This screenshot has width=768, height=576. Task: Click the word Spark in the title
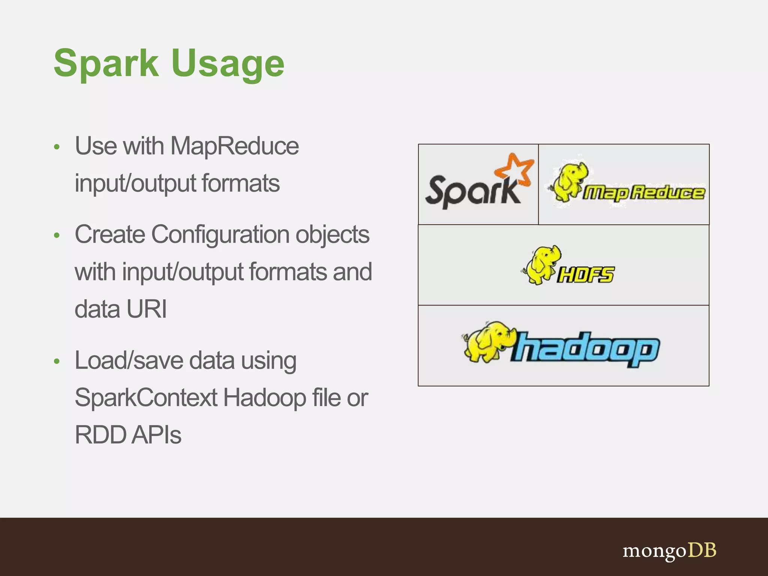click(106, 64)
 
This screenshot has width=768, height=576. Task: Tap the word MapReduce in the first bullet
click(235, 146)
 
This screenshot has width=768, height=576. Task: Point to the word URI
click(147, 309)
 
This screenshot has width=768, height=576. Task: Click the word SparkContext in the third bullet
click(146, 397)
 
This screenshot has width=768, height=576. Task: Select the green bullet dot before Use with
click(57, 147)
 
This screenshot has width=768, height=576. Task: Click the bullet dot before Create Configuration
click(57, 235)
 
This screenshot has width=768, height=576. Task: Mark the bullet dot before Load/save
click(57, 361)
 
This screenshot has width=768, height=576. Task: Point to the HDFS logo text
click(585, 275)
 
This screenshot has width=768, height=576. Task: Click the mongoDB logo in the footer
click(669, 551)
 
